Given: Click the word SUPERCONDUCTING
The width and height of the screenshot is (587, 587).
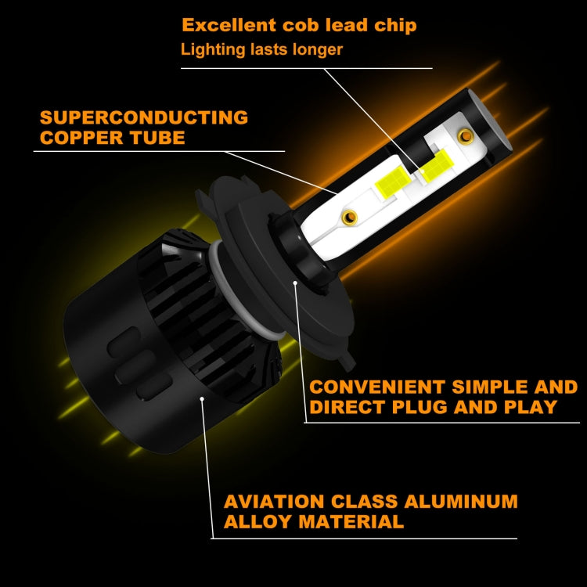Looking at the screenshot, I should click(143, 118).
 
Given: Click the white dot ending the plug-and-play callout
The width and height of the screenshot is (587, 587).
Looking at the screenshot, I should click(295, 279).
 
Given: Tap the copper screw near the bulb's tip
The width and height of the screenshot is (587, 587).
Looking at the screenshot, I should click(466, 138).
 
